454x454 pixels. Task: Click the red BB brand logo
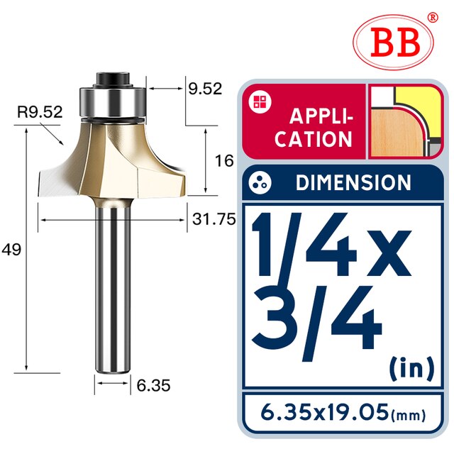point(393,43)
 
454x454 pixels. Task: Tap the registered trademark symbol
point(433,17)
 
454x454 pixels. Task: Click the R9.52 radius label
point(40,112)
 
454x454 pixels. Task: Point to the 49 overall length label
point(11,249)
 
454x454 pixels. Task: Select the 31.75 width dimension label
point(214,219)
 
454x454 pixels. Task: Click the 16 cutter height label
point(224,161)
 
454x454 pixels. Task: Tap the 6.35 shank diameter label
point(153,385)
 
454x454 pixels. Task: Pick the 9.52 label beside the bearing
point(205,89)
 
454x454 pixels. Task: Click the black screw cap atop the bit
point(112,78)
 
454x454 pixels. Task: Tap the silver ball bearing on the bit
point(112,101)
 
